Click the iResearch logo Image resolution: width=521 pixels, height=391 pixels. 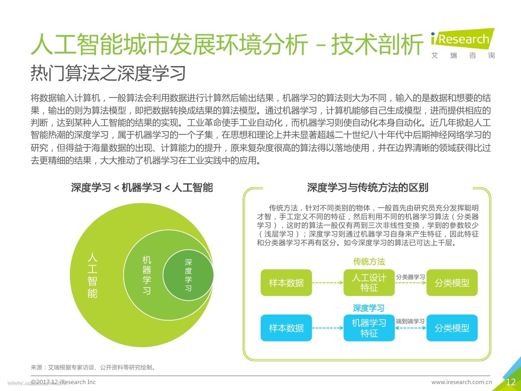(463, 43)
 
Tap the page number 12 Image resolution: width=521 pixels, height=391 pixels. (510, 382)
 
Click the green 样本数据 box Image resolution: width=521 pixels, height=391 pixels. (286, 282)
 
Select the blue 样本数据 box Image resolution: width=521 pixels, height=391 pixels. (286, 328)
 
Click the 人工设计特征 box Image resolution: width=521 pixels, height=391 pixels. (369, 282)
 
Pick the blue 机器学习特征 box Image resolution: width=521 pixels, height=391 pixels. (369, 328)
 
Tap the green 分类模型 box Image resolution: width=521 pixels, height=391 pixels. (452, 282)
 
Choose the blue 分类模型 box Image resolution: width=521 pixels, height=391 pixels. (452, 328)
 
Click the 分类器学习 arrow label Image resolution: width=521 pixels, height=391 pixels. (410, 277)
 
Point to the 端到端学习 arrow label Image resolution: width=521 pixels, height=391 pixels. (410, 321)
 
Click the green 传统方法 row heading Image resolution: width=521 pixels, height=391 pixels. (369, 262)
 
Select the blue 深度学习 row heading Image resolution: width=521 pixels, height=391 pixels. (369, 308)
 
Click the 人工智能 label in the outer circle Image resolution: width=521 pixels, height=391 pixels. (92, 275)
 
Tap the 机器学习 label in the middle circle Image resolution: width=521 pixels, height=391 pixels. (147, 275)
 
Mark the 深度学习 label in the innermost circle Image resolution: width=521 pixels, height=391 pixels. (188, 275)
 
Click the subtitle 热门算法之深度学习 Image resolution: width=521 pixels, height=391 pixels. (108, 73)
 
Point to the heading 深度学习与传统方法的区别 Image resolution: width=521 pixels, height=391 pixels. (368, 188)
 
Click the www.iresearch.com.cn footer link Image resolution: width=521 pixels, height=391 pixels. (462, 382)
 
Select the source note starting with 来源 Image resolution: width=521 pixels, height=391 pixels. (93, 367)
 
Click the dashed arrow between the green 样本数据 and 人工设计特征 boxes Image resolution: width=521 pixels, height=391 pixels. (327, 282)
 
